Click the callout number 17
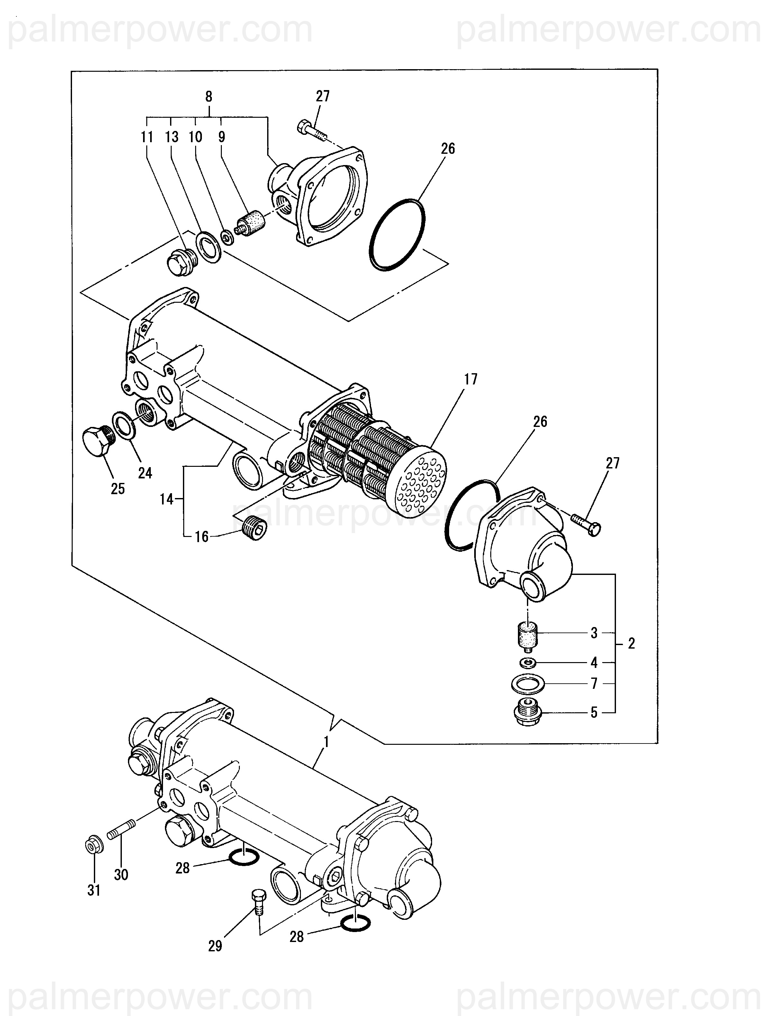471,379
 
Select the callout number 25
118,489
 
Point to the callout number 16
202,537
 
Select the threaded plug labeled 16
255,529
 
